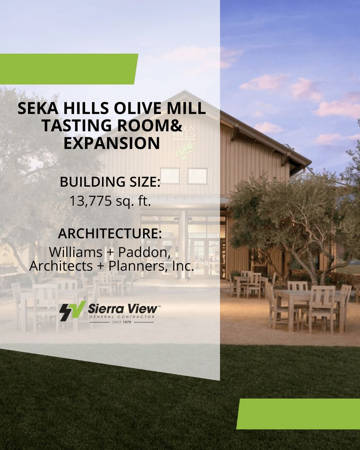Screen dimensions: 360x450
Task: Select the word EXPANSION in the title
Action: coord(111,143)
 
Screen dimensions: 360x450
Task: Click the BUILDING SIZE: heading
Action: coord(110,182)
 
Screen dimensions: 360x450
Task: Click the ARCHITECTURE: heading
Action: coord(110,233)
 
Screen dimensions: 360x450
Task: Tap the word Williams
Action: coord(75,252)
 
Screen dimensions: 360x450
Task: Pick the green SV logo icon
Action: coord(72,311)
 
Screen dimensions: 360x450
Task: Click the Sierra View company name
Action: coord(123,309)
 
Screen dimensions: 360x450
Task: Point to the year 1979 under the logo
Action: coord(127,322)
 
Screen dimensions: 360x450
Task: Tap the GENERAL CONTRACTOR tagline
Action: coord(122,317)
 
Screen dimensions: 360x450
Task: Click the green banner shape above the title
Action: coord(68,69)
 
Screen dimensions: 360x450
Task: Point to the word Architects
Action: coord(61,266)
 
